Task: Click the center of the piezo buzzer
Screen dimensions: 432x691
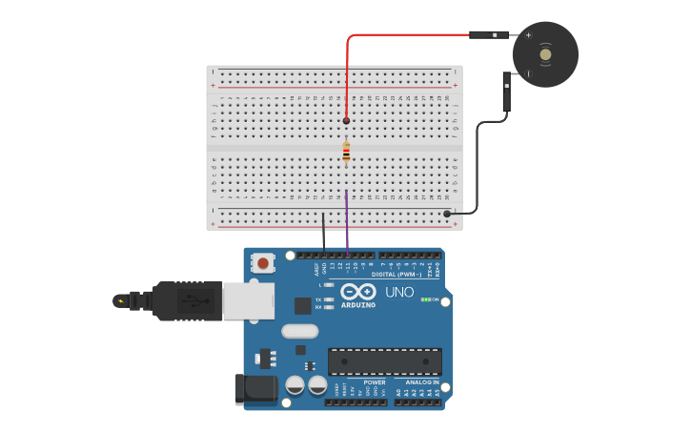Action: (545, 54)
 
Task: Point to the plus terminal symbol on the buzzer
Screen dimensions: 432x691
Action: (528, 35)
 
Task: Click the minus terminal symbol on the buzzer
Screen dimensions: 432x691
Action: (527, 73)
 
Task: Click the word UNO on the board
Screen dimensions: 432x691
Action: (399, 292)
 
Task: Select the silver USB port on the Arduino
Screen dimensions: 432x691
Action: (248, 300)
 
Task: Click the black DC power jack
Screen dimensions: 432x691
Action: (255, 388)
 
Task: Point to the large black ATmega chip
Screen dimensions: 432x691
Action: (384, 361)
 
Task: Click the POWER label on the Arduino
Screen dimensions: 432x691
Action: (374, 382)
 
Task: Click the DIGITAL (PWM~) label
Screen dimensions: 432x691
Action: (404, 275)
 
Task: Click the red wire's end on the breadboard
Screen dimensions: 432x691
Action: (346, 121)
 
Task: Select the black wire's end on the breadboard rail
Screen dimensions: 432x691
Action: (447, 214)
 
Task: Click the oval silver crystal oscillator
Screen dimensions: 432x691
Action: (299, 332)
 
